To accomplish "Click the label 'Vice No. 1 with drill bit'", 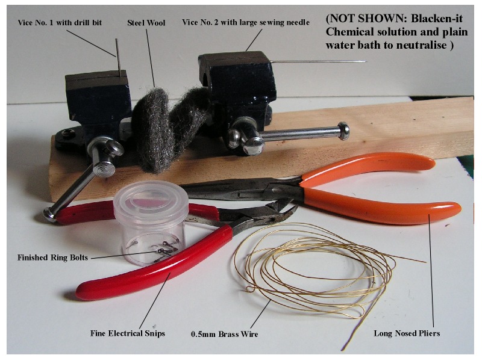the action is pyautogui.click(x=60, y=22).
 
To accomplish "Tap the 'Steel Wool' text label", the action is pyautogui.click(x=146, y=23).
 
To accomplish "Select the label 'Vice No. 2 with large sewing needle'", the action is pyautogui.click(x=246, y=22).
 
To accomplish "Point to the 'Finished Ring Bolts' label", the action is pyautogui.click(x=52, y=258).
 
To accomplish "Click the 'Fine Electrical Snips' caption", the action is pyautogui.click(x=128, y=333).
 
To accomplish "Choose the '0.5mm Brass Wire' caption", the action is pyautogui.click(x=224, y=334).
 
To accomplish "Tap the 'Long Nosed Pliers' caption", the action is pyautogui.click(x=407, y=333).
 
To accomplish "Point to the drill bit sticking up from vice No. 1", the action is pyautogui.click(x=117, y=57).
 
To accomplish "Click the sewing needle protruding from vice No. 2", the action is pyautogui.click(x=318, y=61).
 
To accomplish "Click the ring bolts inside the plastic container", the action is pyautogui.click(x=160, y=248).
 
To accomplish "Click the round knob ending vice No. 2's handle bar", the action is pyautogui.click(x=343, y=131).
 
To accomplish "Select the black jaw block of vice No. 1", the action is pyautogui.click(x=98, y=95).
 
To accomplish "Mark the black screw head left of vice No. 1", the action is pyautogui.click(x=67, y=133).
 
